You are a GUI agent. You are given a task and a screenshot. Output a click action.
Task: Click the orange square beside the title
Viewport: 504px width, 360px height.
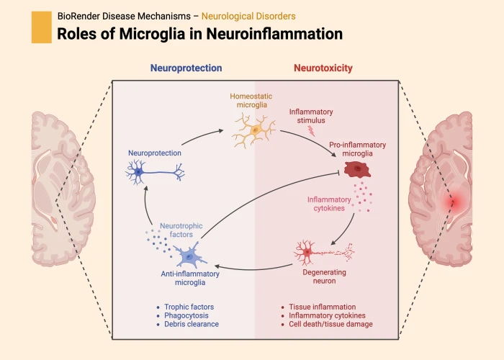point(42,27)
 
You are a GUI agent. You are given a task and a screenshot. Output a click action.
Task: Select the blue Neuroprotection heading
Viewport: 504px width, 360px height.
point(186,68)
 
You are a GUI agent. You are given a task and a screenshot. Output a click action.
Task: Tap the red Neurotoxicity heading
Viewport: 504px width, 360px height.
point(323,68)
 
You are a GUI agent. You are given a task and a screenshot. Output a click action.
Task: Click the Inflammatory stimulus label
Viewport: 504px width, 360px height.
point(311,116)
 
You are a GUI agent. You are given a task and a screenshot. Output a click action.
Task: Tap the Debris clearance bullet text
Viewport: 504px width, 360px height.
point(192,324)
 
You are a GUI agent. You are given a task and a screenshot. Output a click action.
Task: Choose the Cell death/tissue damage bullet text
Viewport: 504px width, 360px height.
point(330,324)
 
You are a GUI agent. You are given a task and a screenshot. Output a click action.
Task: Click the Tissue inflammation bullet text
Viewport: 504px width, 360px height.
point(322,307)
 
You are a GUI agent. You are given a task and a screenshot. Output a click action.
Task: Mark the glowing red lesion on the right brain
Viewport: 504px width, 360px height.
point(454,202)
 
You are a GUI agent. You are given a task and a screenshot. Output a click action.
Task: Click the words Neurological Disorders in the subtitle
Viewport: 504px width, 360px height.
point(248,15)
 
